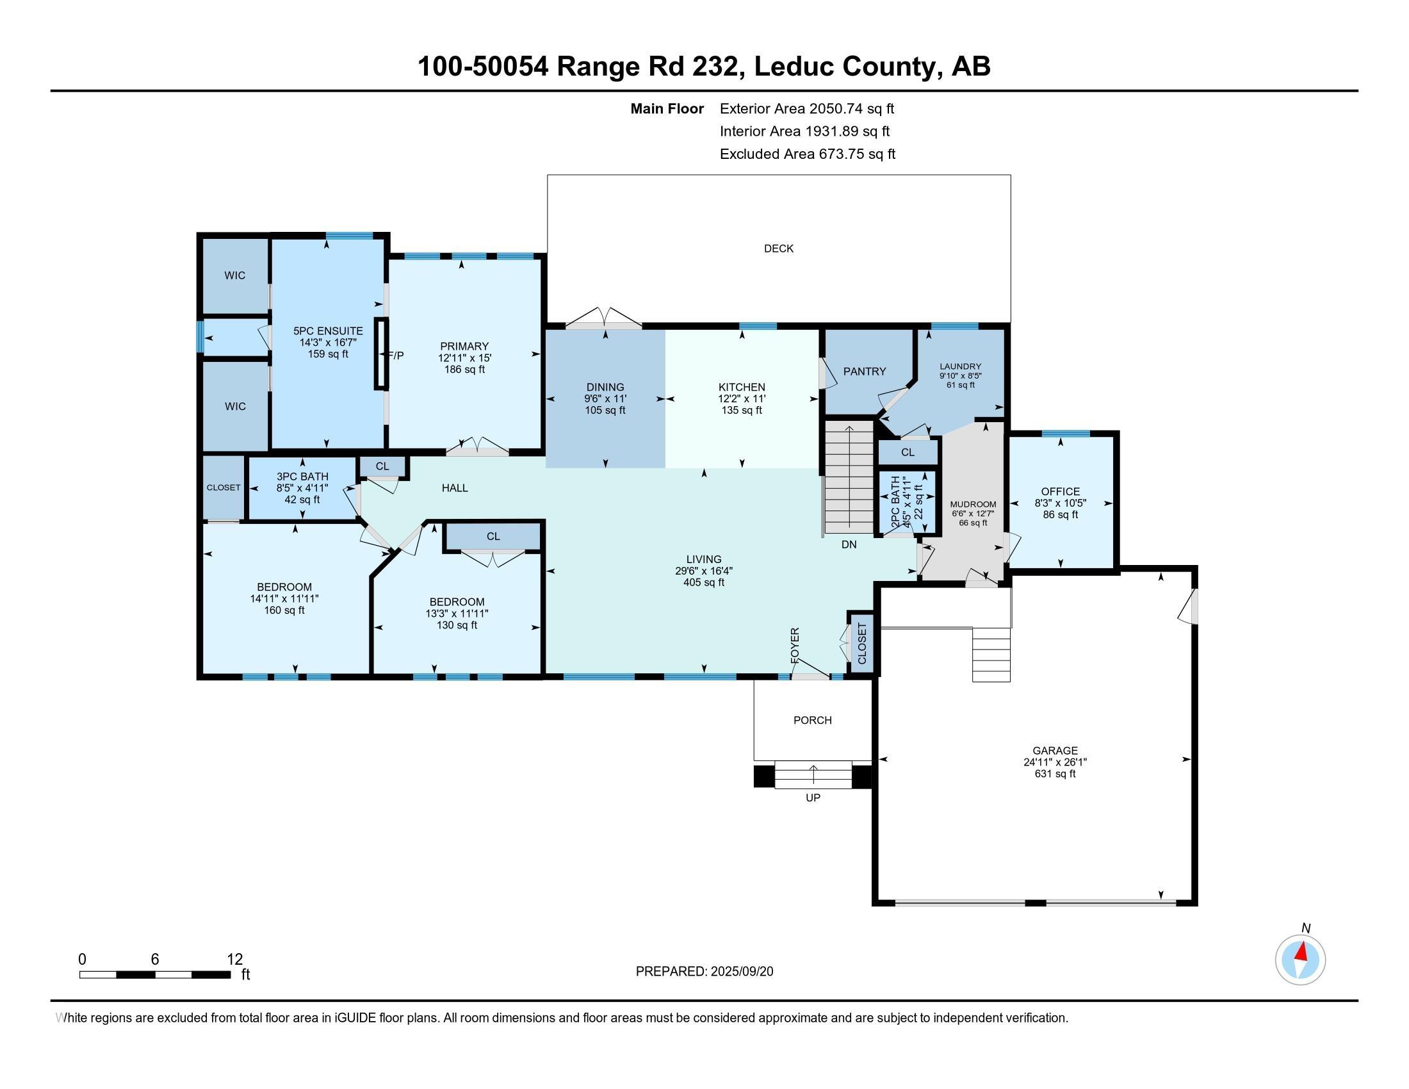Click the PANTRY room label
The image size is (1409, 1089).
(865, 372)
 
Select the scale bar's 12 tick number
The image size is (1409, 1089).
(235, 959)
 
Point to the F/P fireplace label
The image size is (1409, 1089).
(395, 356)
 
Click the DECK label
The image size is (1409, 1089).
(778, 249)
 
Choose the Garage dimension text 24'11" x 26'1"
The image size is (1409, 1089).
(1055, 762)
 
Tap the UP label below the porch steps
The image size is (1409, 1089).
(813, 798)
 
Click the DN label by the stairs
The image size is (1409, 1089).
(849, 544)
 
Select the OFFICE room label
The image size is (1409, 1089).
(1060, 491)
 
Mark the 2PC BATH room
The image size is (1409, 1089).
(906, 504)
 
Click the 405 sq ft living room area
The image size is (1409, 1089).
(703, 582)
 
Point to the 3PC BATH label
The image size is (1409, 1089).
(302, 477)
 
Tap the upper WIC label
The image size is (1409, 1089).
(235, 275)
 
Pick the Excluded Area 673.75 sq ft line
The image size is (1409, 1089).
(807, 154)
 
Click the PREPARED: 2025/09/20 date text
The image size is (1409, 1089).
(704, 972)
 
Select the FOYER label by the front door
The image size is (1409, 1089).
(795, 644)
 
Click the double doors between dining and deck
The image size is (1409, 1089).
(604, 320)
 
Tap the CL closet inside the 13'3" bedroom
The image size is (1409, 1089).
(494, 537)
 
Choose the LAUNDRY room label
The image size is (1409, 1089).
(960, 366)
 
